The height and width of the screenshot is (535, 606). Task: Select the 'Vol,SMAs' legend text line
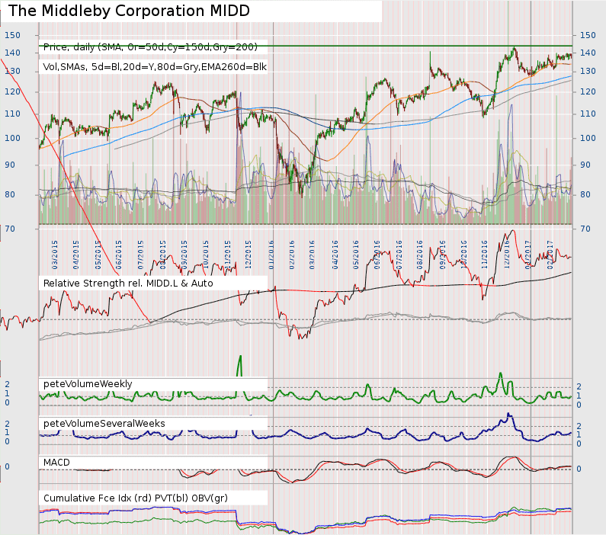tap(155, 66)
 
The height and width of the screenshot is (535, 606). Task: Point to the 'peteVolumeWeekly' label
tap(88, 383)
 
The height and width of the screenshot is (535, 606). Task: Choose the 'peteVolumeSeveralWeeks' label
tap(104, 423)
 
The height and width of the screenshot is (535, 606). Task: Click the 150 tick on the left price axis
tap(12, 35)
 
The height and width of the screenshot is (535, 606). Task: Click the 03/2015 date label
tap(55, 253)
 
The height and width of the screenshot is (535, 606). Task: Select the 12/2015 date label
tap(249, 253)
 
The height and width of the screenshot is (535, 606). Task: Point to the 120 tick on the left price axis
tap(12, 91)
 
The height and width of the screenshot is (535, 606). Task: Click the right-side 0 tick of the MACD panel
tap(579, 469)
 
